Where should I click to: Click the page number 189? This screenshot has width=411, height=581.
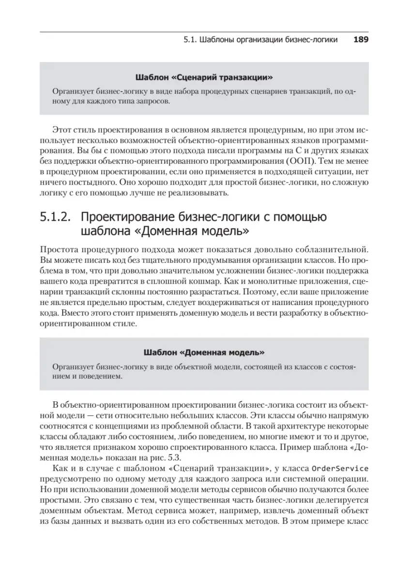pos(361,40)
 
